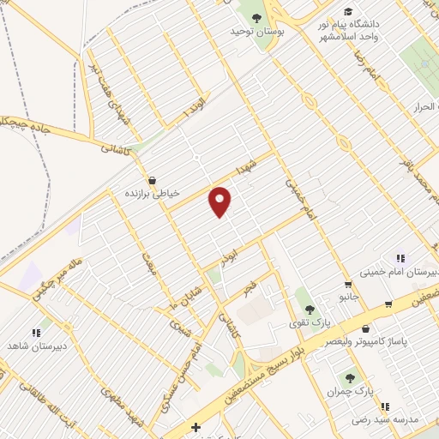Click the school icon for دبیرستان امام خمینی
pyautogui.click(x=399, y=258)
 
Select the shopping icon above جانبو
pyautogui.click(x=347, y=285)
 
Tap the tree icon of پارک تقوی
pyautogui.click(x=309, y=310)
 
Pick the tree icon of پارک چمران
pyautogui.click(x=350, y=377)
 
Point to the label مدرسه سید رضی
pyautogui.click(x=386, y=420)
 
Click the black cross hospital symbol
pyautogui.click(x=196, y=427)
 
